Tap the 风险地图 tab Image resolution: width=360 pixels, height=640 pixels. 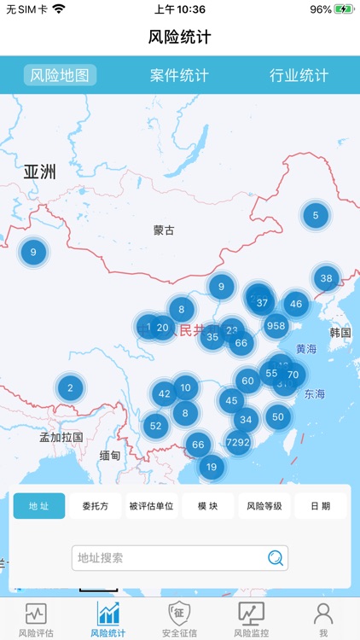[x=60, y=75]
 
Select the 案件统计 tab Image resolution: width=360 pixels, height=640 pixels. [x=179, y=75]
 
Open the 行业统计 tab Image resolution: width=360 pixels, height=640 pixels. [x=299, y=75]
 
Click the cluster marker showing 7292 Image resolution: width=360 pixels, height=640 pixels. [x=238, y=442]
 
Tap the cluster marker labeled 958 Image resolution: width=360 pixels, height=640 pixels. [x=276, y=325]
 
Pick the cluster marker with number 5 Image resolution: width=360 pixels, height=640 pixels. [x=316, y=215]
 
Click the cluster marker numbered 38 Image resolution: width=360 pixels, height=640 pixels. [x=326, y=277]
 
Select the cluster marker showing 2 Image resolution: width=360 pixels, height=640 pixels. [x=70, y=388]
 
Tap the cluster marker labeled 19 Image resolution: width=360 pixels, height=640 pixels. [x=212, y=467]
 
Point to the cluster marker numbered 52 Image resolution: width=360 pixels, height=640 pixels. [x=155, y=425]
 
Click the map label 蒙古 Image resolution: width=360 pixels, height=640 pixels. [x=164, y=230]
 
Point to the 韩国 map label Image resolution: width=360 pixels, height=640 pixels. [x=340, y=332]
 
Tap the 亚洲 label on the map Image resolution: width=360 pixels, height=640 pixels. [x=40, y=172]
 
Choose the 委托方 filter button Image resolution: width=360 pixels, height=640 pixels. [x=96, y=506]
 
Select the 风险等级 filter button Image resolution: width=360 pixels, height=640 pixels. [x=264, y=506]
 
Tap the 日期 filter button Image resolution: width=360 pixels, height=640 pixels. [x=321, y=506]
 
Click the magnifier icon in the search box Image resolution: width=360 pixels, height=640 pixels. [x=276, y=558]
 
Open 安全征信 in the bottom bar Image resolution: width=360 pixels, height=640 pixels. [x=179, y=620]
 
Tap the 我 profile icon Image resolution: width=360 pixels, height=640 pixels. [x=323, y=620]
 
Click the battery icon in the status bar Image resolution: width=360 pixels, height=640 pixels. [x=344, y=9]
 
